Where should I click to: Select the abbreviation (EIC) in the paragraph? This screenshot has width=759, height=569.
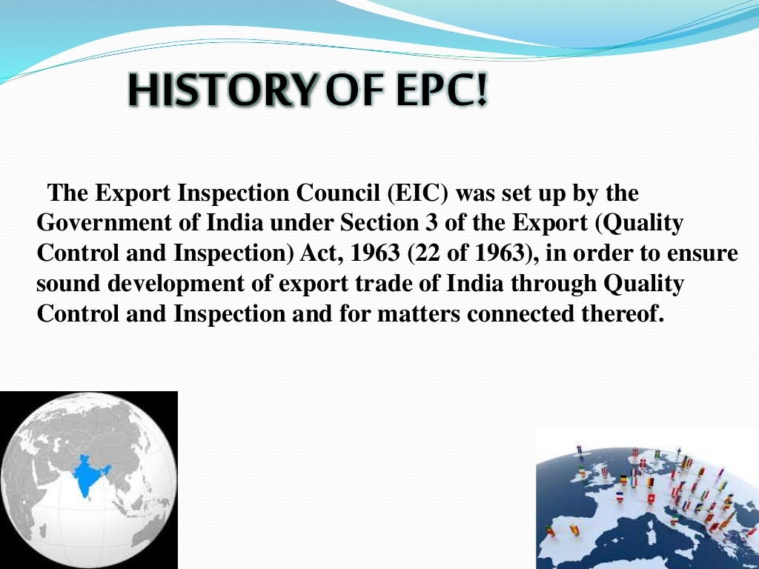pyautogui.click(x=416, y=193)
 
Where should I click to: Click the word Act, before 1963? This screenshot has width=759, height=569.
pyautogui.click(x=319, y=253)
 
